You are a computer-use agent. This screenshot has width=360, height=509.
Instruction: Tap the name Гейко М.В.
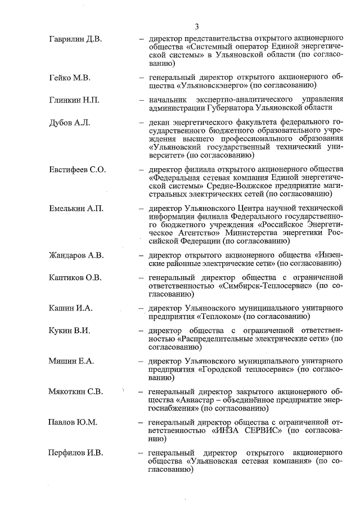pyautogui.click(x=70, y=76)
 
